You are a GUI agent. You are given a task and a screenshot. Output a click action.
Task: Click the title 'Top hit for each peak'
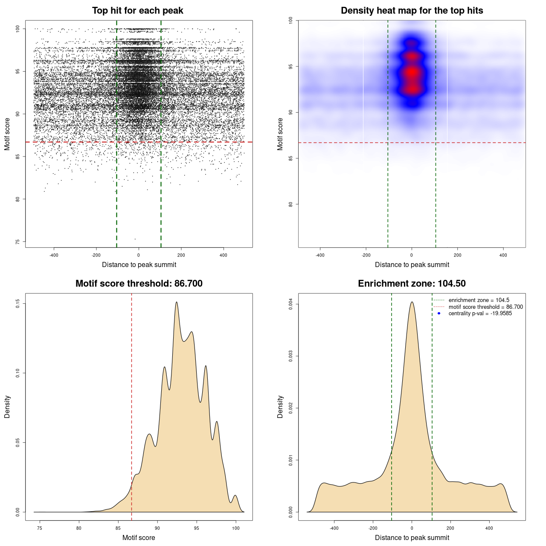(x=138, y=11)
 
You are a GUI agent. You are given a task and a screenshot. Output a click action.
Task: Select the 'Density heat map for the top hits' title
(x=412, y=11)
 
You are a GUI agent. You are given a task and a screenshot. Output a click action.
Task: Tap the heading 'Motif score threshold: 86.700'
(x=139, y=284)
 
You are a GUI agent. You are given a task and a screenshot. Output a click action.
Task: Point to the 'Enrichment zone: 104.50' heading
(x=412, y=284)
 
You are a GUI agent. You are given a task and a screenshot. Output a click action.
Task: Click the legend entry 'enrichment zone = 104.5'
(x=479, y=300)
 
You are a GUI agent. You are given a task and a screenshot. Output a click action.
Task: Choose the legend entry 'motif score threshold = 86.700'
(x=485, y=307)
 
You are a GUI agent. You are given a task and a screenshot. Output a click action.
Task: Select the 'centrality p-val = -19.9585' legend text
(x=480, y=314)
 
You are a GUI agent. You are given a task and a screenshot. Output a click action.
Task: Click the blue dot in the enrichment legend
(x=439, y=314)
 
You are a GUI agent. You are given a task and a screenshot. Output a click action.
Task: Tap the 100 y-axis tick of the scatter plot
(x=18, y=29)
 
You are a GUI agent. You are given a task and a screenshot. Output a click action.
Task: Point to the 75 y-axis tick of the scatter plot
(x=18, y=242)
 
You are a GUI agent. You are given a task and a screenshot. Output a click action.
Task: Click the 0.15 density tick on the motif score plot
(x=18, y=304)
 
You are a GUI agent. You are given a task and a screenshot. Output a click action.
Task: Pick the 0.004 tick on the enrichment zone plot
(x=291, y=304)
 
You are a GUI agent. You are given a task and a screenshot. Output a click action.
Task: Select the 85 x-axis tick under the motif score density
(x=118, y=528)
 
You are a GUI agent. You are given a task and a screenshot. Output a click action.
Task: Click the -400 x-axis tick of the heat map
(x=320, y=255)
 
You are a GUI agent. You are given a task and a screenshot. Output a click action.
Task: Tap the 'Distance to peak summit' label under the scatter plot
(x=139, y=265)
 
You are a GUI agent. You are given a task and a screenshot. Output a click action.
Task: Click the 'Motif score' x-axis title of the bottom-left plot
(x=139, y=538)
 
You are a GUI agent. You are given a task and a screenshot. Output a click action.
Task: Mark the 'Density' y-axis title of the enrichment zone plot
(x=280, y=407)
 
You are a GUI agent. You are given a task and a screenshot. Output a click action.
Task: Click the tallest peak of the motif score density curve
(x=176, y=302)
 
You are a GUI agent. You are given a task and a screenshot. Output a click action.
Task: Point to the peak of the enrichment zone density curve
(x=412, y=302)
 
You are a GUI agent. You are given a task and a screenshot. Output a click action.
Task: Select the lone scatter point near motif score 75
(x=135, y=239)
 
